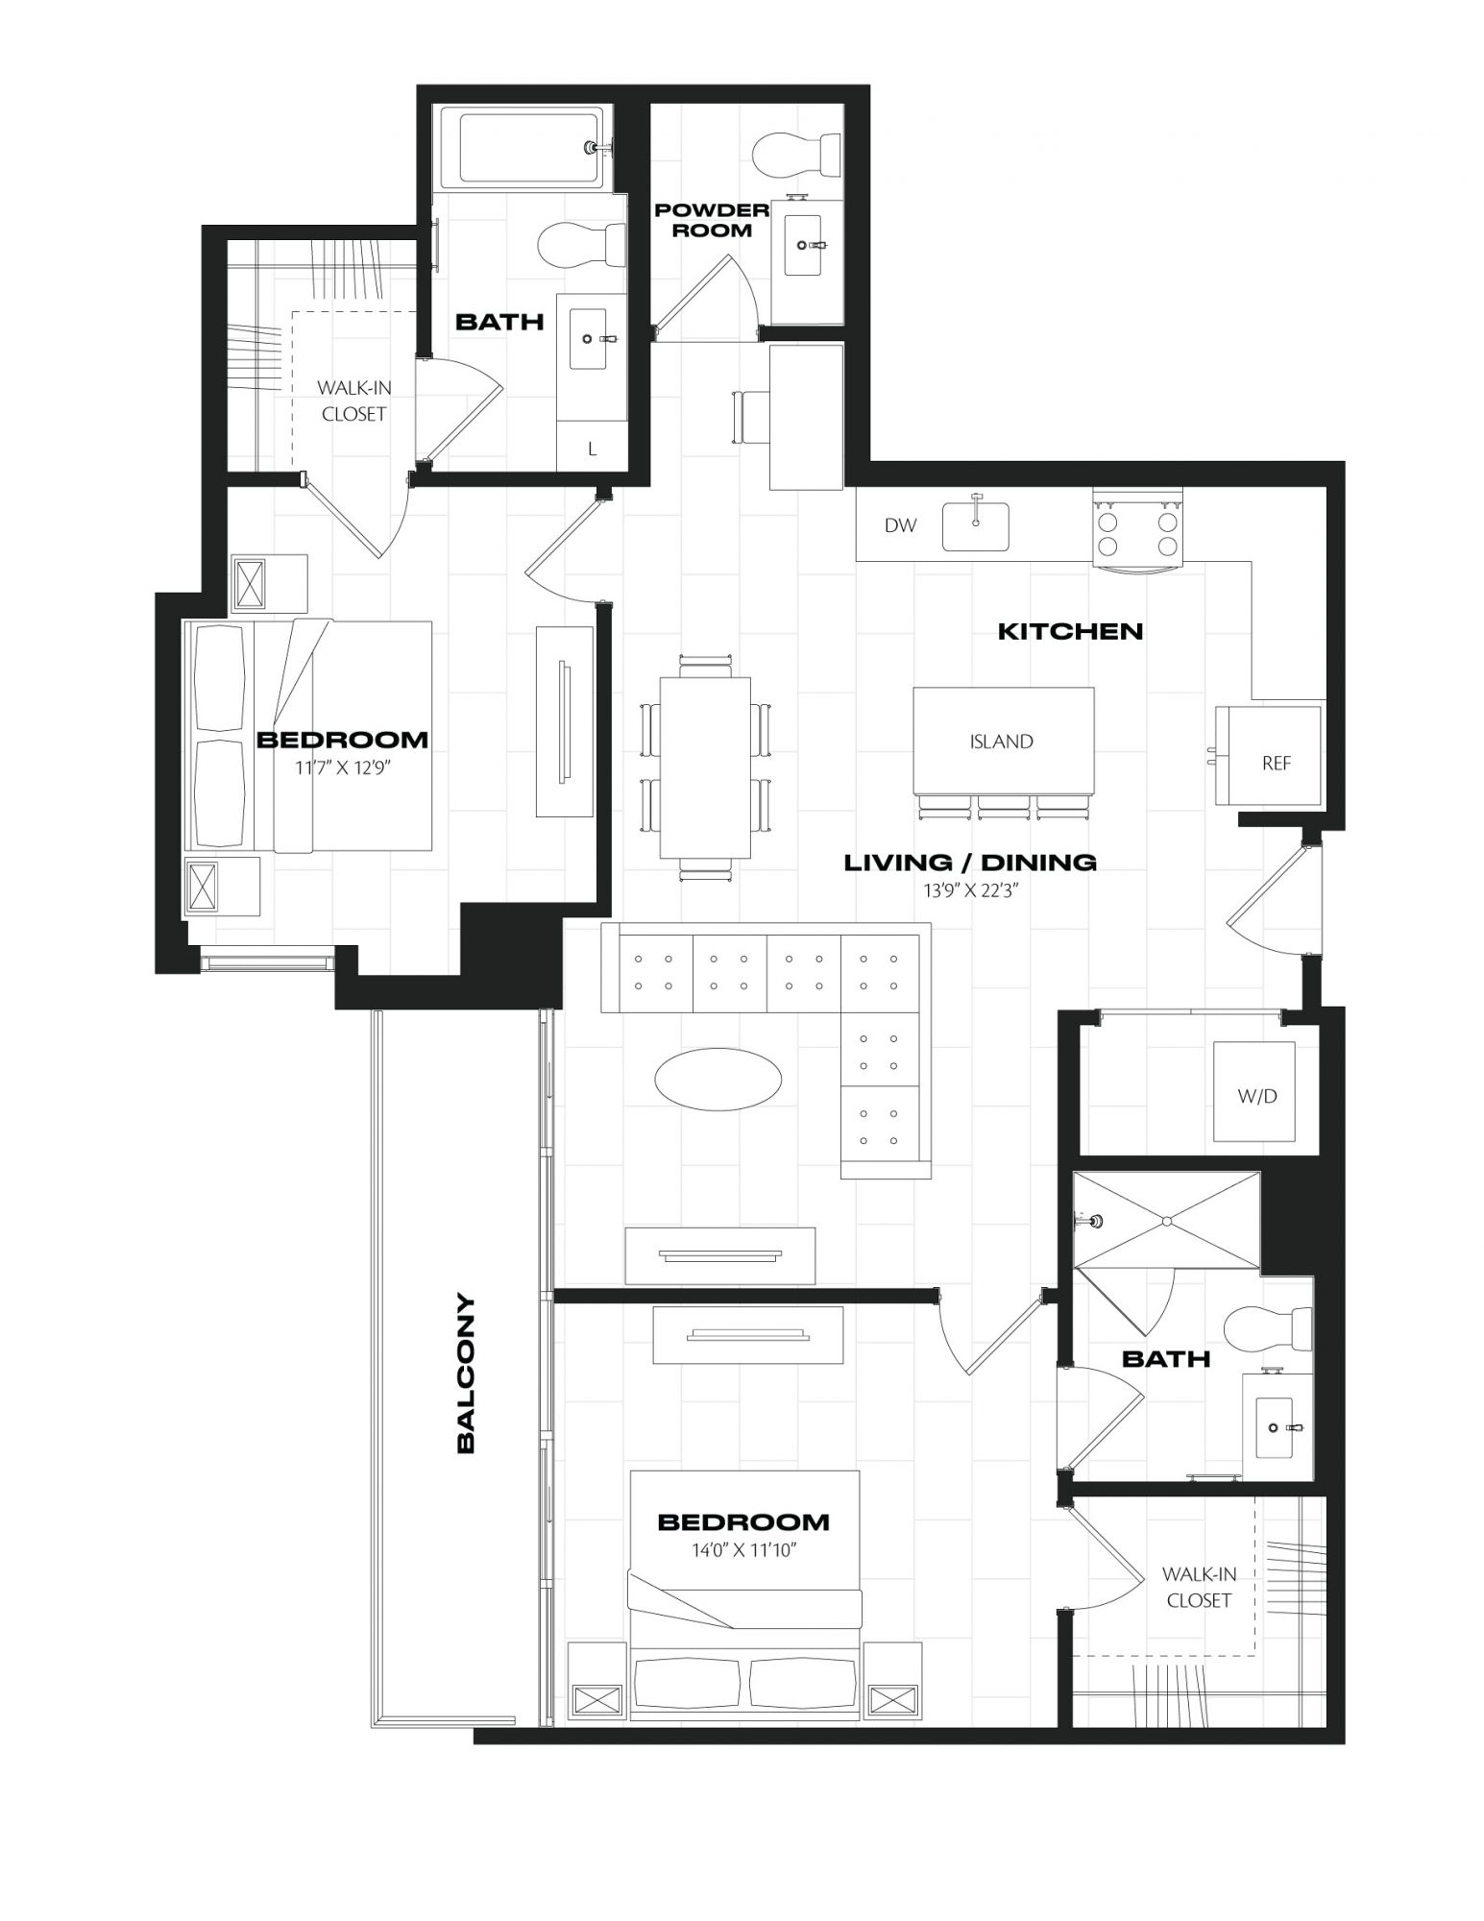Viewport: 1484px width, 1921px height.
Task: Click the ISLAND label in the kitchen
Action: (x=1001, y=742)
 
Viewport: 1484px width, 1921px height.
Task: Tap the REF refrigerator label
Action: (x=1277, y=764)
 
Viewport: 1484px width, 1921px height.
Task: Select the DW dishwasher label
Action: (x=900, y=525)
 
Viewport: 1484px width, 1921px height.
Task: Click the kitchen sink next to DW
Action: (x=975, y=526)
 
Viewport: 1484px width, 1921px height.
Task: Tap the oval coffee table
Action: (x=718, y=1079)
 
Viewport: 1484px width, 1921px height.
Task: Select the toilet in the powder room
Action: (x=796, y=155)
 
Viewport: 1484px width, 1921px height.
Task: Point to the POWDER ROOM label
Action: (x=712, y=220)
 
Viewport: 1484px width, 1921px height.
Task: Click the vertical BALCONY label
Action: (x=466, y=1374)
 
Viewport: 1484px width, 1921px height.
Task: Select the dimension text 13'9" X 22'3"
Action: (x=970, y=890)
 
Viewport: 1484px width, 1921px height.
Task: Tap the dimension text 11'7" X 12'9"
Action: (x=342, y=767)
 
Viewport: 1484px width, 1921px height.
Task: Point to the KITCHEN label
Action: (x=1070, y=631)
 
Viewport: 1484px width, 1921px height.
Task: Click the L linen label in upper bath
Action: (x=593, y=449)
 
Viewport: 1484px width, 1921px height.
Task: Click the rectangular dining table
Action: (x=705, y=767)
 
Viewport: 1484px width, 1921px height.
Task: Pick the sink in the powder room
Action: (x=806, y=245)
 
